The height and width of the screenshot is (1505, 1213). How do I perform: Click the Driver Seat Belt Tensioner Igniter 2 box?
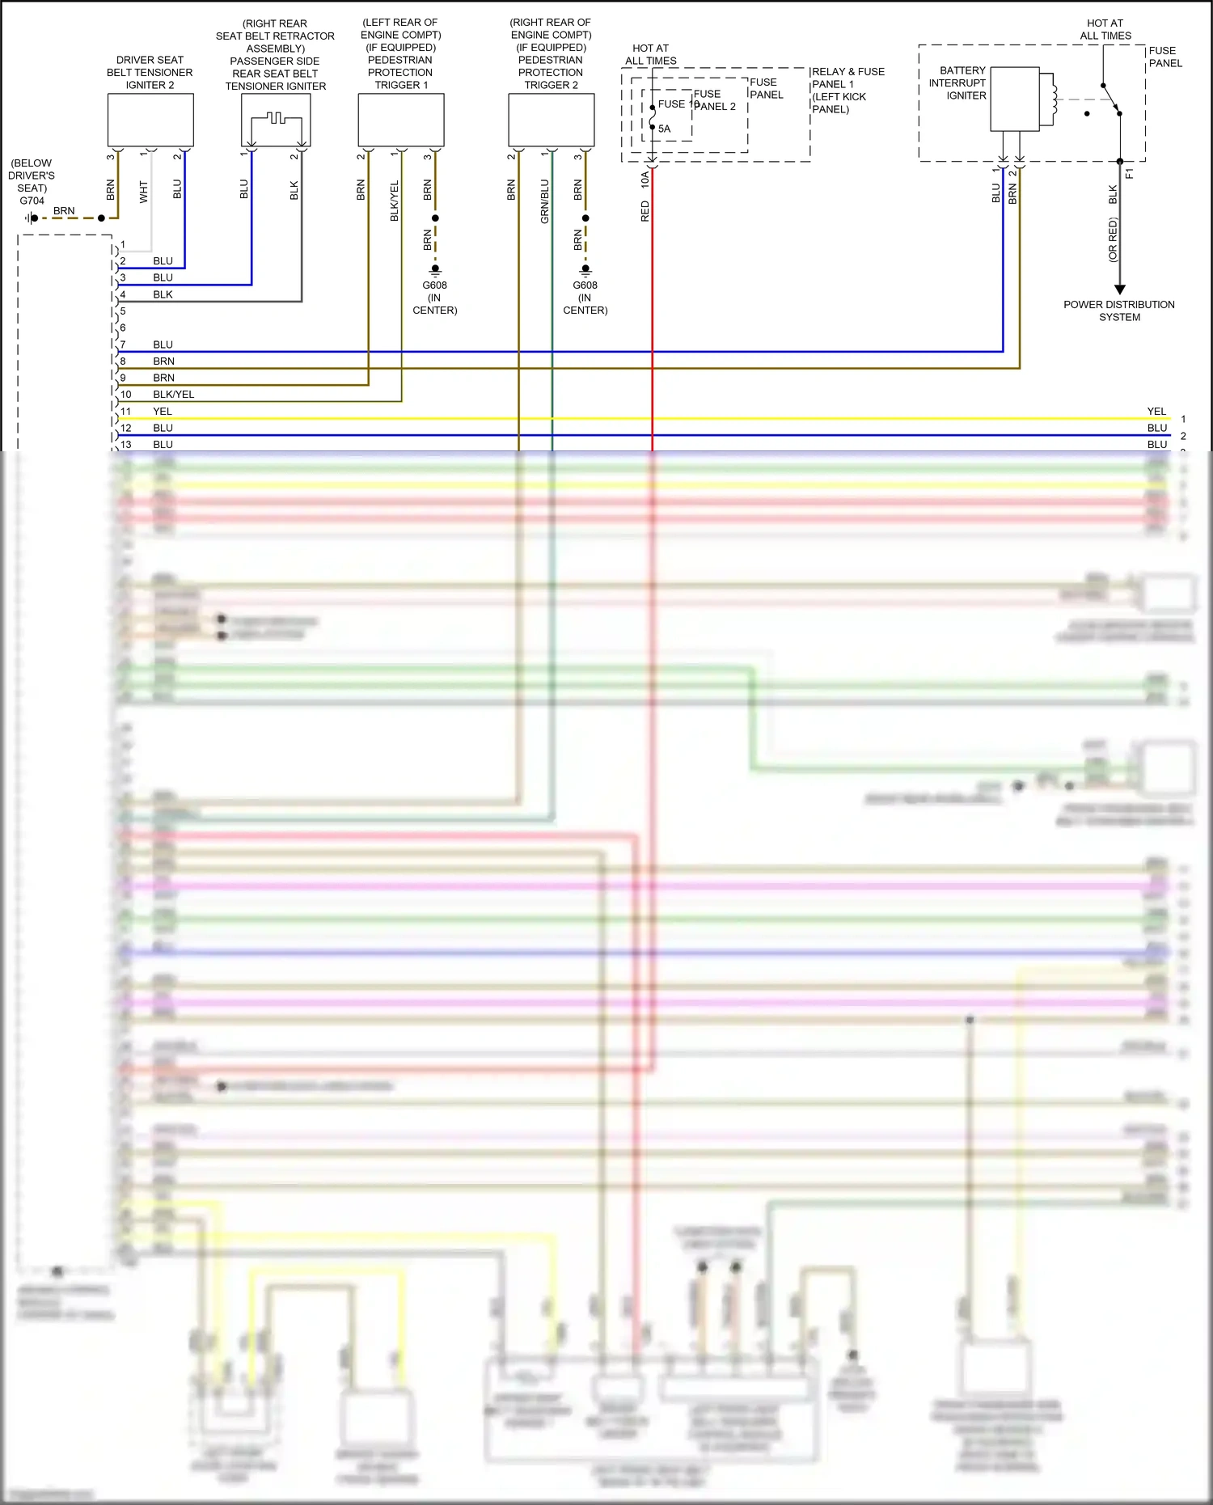(150, 120)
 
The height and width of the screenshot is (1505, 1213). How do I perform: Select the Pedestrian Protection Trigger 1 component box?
(401, 120)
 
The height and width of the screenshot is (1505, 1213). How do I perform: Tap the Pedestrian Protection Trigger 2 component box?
(552, 120)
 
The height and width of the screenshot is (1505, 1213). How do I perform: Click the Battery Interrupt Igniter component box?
(1015, 99)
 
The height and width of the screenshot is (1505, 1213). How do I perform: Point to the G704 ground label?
(32, 201)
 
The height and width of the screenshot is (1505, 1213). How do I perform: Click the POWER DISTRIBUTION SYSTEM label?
(1119, 311)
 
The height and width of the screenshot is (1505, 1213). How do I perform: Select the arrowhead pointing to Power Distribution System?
(1120, 289)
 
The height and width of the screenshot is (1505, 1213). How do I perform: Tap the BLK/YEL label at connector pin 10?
(174, 395)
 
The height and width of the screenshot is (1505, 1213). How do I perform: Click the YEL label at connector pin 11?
(163, 412)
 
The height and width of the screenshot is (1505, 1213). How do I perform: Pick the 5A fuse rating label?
(664, 129)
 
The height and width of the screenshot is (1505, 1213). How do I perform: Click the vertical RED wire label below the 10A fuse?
(645, 211)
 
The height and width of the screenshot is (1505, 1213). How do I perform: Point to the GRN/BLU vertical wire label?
(545, 201)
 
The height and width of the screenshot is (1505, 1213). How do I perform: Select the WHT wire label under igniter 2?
(144, 192)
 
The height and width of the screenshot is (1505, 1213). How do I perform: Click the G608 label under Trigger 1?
(434, 285)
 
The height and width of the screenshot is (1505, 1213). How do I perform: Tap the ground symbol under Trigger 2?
(585, 269)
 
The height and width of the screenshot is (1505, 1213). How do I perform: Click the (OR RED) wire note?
(1113, 240)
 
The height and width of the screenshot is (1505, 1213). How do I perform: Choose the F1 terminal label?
(1130, 173)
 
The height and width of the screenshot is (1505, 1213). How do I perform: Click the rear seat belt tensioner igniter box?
(276, 120)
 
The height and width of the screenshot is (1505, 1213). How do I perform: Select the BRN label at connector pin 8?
(163, 361)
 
